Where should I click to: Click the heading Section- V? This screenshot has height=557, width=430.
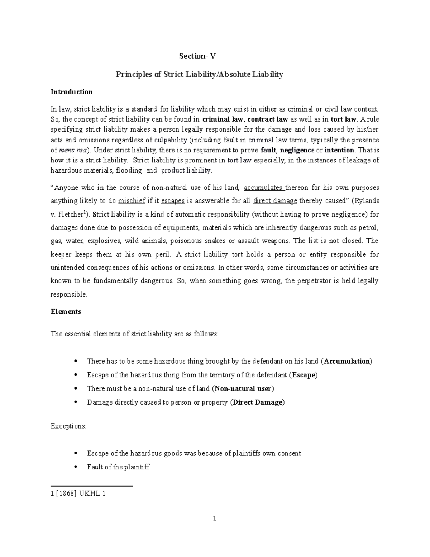pos(198,56)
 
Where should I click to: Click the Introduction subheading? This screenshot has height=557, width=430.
pos(72,92)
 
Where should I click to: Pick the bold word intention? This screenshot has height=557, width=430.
pos(339,150)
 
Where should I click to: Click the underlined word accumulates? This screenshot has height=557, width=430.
pos(263,188)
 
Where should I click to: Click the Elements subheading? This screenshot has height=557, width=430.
pos(66,312)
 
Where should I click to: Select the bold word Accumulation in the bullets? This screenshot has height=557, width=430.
pos(347,361)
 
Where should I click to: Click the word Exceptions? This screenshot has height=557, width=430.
pos(68,426)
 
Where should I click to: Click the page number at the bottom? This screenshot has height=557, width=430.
pos(215,519)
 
